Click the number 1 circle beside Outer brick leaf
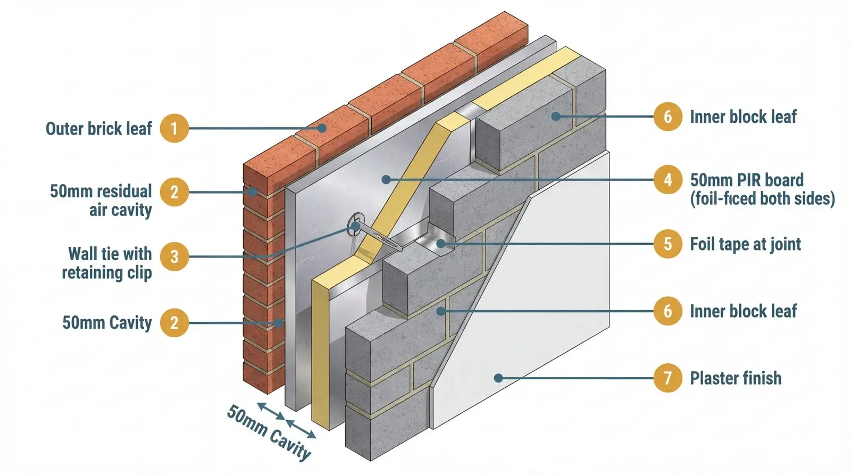click(174, 128)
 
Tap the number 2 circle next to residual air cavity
click(174, 192)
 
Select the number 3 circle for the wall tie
click(174, 257)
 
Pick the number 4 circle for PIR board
click(668, 180)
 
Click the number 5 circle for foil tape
click(668, 244)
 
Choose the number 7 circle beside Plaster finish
click(668, 378)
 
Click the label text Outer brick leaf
click(99, 129)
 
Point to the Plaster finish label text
click(736, 378)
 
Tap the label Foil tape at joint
click(745, 244)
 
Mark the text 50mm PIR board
click(747, 180)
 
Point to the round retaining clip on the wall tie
click(355, 226)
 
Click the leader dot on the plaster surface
click(498, 378)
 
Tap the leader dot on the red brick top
click(322, 128)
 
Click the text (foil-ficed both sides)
click(762, 199)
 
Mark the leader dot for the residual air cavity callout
click(254, 192)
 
